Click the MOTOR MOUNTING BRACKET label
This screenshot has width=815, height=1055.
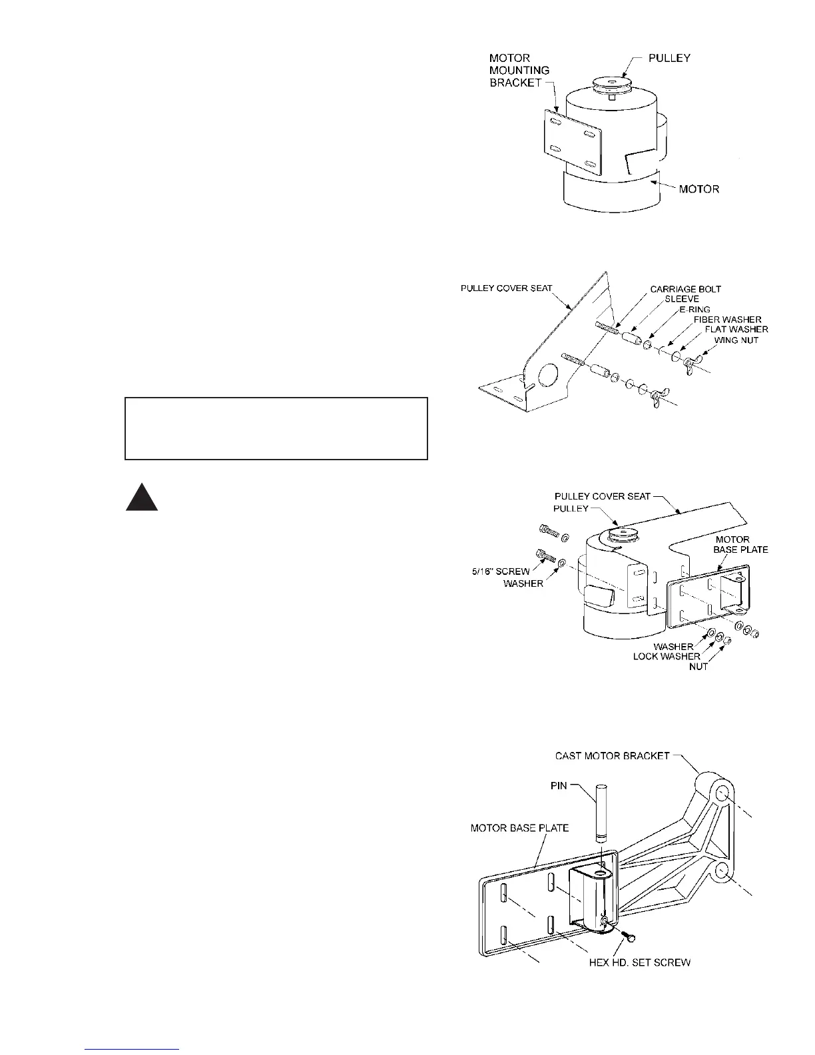click(x=519, y=70)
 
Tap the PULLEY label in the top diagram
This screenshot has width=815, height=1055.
click(x=669, y=58)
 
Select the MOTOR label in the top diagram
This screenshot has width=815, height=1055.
click(x=698, y=189)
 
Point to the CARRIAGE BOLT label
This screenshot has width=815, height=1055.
click(x=685, y=289)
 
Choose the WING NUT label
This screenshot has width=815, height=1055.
click(x=736, y=340)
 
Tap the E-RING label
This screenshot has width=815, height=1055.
click(x=694, y=309)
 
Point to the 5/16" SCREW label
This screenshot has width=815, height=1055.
click(x=506, y=571)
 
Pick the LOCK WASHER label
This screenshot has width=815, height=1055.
click(x=666, y=657)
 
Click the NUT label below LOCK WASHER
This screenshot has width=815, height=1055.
click(x=698, y=667)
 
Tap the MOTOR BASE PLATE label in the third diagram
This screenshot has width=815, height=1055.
click(x=740, y=544)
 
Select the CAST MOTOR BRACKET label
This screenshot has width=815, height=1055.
click(x=612, y=756)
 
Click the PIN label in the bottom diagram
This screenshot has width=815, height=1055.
click(x=559, y=785)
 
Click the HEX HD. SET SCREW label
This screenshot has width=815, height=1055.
click(x=639, y=962)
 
